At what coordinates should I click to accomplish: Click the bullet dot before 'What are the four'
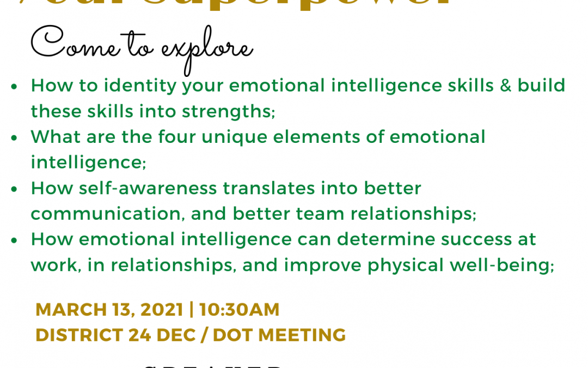point(14,137)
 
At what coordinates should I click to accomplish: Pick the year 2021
point(161,310)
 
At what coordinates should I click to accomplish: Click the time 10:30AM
point(240,310)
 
